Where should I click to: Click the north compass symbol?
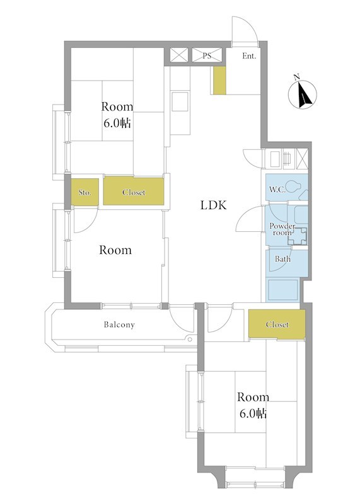coord(303,93)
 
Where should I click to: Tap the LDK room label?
coord(214,205)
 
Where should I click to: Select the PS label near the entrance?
coord(207,55)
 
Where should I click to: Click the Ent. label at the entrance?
coord(249,56)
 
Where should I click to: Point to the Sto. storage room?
coord(84,192)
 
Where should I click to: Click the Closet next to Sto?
coord(134,191)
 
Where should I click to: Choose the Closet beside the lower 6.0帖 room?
coord(277,324)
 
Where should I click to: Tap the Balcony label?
coord(119,324)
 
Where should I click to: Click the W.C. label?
coord(277,190)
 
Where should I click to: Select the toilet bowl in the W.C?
coord(293,186)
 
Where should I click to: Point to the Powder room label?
coord(282,229)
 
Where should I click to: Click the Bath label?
coord(282,259)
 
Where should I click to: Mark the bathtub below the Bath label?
coord(283,290)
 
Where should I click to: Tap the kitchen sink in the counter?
coord(180,101)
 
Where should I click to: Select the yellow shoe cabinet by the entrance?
coord(220,81)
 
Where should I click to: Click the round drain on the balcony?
coord(190,339)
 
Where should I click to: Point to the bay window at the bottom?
coord(255,478)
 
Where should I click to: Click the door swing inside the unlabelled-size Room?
coord(85,220)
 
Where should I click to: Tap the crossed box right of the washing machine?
coord(302,159)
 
